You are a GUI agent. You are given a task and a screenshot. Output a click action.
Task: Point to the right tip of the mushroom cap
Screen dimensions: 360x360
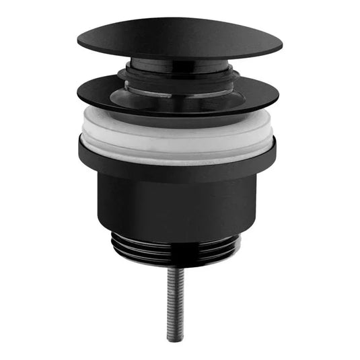[x=279, y=48]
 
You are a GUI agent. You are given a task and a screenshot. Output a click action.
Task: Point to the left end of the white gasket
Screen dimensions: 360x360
[x=83, y=131]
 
